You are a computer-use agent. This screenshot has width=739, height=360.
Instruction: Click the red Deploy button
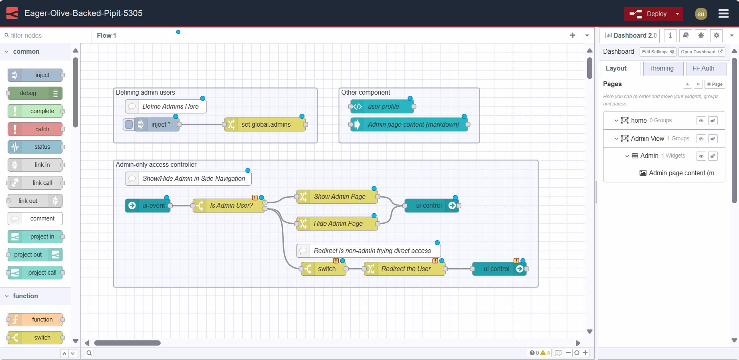point(648,14)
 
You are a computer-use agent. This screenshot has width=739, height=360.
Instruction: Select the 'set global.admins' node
point(266,125)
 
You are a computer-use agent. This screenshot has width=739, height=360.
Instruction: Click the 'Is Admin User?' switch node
point(231,206)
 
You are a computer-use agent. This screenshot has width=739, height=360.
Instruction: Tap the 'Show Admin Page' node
point(339,197)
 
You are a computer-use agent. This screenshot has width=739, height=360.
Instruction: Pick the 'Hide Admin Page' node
point(338,224)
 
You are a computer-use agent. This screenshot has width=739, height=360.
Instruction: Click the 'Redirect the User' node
point(406,269)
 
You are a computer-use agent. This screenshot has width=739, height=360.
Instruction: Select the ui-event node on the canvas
point(148,206)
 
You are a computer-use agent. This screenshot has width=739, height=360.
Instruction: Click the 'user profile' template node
point(383,107)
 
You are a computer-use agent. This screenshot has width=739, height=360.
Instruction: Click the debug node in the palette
point(35,93)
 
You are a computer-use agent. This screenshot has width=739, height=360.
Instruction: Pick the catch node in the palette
point(35,129)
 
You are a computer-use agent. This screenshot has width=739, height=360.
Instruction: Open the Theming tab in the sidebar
point(661,69)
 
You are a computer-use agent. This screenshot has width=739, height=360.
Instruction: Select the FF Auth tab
point(703,69)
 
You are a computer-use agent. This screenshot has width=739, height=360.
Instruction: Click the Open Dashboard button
point(701,52)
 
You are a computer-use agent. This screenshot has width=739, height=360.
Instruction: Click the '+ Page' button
point(715,84)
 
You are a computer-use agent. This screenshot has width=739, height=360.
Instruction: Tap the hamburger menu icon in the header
point(723,14)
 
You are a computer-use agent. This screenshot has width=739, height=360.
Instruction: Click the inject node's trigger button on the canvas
point(129,125)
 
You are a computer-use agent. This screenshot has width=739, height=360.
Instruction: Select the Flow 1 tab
point(107,35)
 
